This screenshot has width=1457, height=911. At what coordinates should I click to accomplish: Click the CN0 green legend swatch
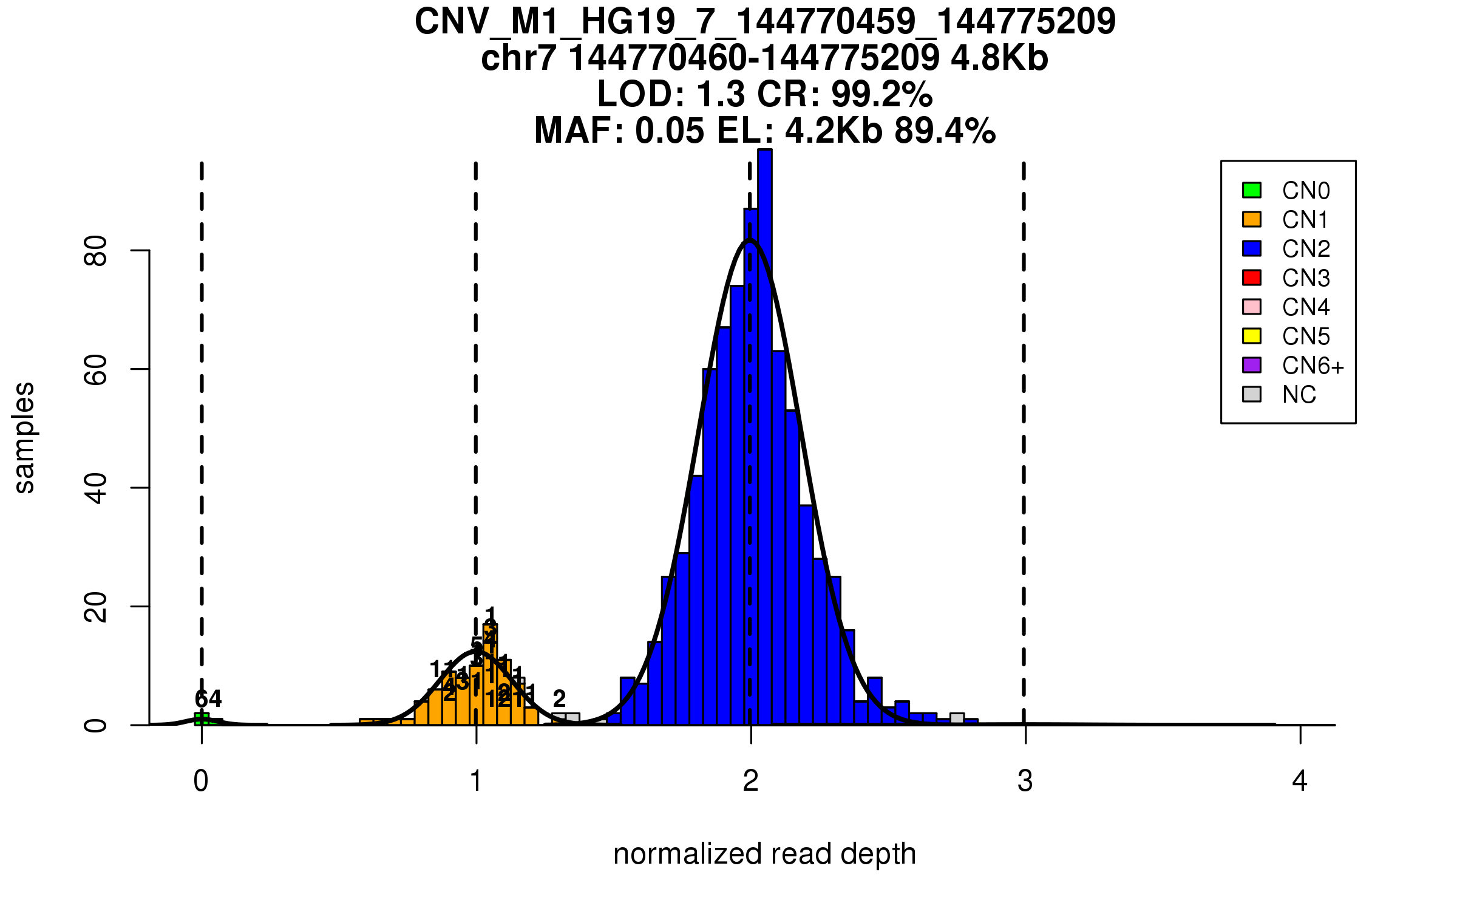[x=1252, y=190]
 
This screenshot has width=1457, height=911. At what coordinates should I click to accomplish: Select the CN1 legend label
[x=1305, y=220]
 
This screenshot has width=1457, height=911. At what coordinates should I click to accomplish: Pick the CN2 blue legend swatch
[x=1252, y=248]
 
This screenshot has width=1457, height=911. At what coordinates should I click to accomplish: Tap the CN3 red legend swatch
[x=1252, y=278]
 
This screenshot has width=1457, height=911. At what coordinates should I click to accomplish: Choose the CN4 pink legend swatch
[x=1252, y=307]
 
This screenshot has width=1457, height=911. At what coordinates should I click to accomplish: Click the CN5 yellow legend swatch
[x=1252, y=336]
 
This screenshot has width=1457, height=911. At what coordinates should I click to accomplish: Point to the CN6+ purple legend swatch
[x=1252, y=365]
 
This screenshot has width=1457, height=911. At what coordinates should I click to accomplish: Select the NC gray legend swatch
[x=1252, y=394]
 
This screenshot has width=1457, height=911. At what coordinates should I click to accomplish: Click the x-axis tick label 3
[x=1025, y=781]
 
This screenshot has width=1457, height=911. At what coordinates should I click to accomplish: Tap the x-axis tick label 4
[x=1300, y=781]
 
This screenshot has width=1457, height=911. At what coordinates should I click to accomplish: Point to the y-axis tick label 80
[x=96, y=251]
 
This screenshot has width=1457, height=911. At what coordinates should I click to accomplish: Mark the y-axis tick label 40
[x=96, y=488]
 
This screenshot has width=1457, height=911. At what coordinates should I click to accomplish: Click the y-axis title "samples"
[x=24, y=437]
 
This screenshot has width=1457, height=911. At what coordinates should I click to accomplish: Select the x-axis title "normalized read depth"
[x=764, y=854]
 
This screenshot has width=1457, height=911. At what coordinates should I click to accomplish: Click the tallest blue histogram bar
[x=765, y=437]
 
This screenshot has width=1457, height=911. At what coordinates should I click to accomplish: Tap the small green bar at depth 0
[x=202, y=719]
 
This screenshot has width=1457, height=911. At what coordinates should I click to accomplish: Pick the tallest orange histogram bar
[x=491, y=674]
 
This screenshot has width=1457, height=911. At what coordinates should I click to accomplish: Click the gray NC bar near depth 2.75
[x=957, y=719]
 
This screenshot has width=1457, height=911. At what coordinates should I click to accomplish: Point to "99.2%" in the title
[x=881, y=94]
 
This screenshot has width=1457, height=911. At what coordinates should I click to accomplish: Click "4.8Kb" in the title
[x=999, y=58]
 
